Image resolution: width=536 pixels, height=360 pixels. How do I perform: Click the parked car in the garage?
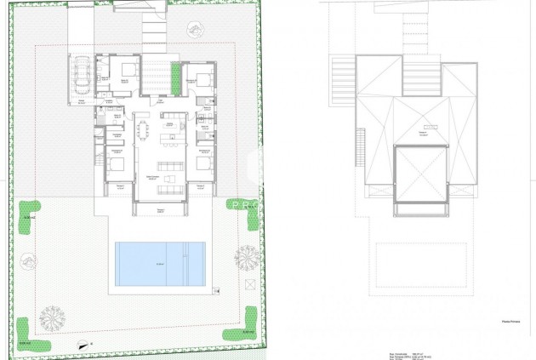click(82, 75)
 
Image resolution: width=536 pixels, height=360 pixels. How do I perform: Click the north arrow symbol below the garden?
click(82, 345)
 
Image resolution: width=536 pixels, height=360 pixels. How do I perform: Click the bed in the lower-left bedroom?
click(115, 163)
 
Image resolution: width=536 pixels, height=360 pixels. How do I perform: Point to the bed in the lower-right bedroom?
click(204, 162)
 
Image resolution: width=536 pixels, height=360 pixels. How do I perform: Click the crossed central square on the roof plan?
click(421, 174)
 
